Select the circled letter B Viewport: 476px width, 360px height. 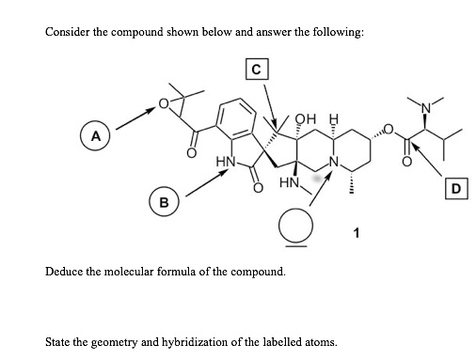[165, 201]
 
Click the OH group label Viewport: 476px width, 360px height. [300, 120]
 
